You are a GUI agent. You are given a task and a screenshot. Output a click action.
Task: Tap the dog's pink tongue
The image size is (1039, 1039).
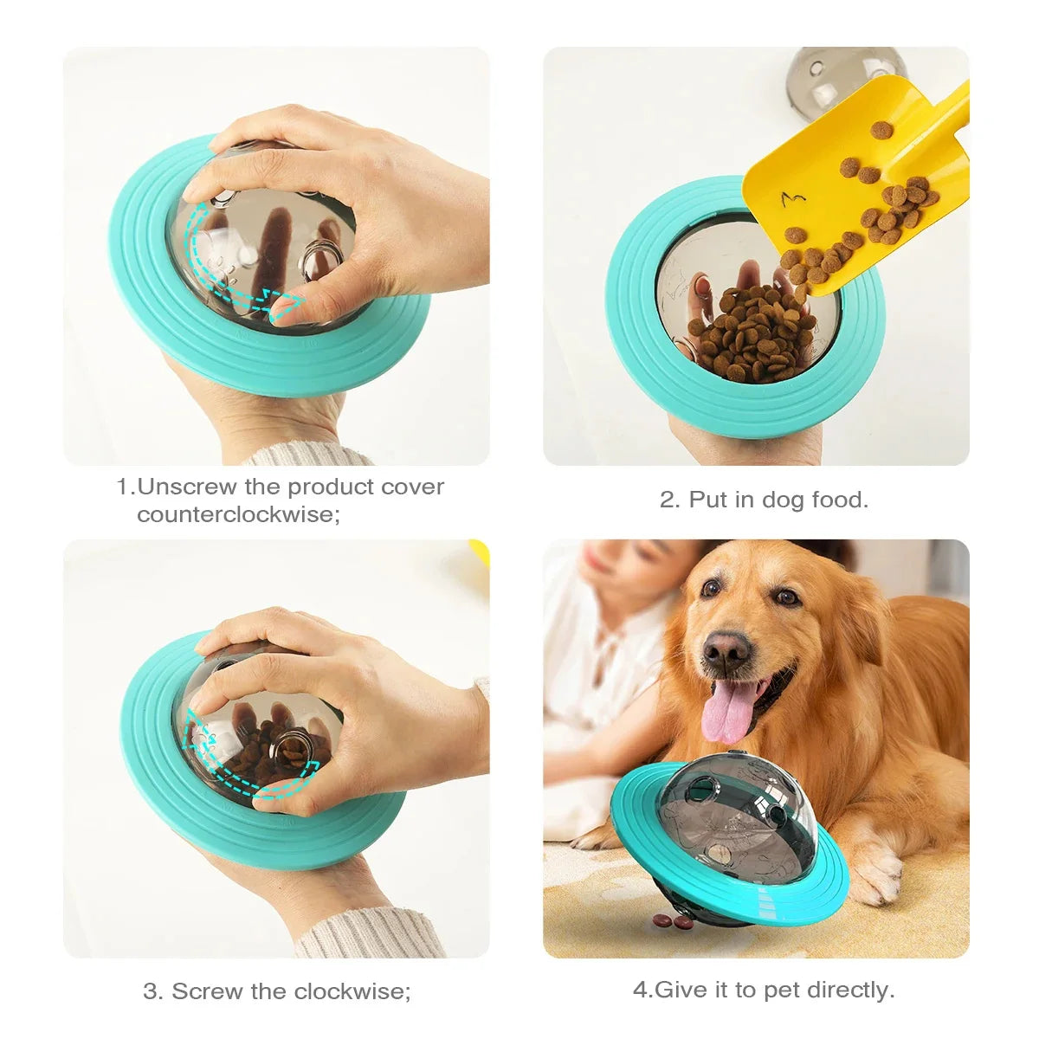(726, 711)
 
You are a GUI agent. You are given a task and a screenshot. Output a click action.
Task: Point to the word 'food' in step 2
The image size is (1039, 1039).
(836, 500)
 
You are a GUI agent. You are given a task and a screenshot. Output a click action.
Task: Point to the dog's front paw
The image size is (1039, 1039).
(874, 874)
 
